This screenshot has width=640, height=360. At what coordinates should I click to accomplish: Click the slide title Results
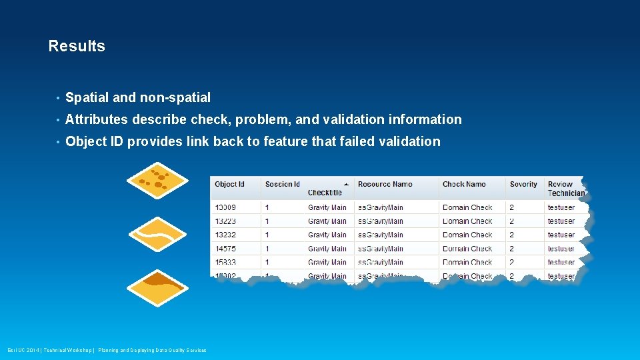pyautogui.click(x=77, y=46)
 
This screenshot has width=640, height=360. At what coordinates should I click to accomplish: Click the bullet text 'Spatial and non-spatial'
pyautogui.click(x=138, y=98)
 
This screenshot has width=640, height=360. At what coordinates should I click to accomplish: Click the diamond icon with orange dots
pyautogui.click(x=157, y=180)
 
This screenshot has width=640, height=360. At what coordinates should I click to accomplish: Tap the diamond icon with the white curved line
pyautogui.click(x=157, y=234)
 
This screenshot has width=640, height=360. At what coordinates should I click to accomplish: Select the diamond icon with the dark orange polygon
pyautogui.click(x=157, y=287)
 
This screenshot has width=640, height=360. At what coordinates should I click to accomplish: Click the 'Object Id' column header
pyautogui.click(x=229, y=184)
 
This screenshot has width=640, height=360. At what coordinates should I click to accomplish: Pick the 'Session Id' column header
pyautogui.click(x=283, y=184)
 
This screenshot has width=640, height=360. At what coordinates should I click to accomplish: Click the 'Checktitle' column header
pyautogui.click(x=325, y=193)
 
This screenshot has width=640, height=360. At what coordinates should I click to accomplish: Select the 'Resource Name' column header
pyautogui.click(x=385, y=184)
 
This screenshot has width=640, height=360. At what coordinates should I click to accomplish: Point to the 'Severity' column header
pyautogui.click(x=523, y=184)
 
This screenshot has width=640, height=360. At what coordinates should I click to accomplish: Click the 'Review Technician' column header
pyautogui.click(x=565, y=189)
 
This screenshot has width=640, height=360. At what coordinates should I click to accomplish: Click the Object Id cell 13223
pyautogui.click(x=225, y=221)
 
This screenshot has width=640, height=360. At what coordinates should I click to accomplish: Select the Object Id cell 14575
pyautogui.click(x=225, y=249)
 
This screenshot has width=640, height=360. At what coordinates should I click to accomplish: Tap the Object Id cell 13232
pyautogui.click(x=225, y=235)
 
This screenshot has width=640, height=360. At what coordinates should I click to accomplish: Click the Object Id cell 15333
pyautogui.click(x=225, y=262)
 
